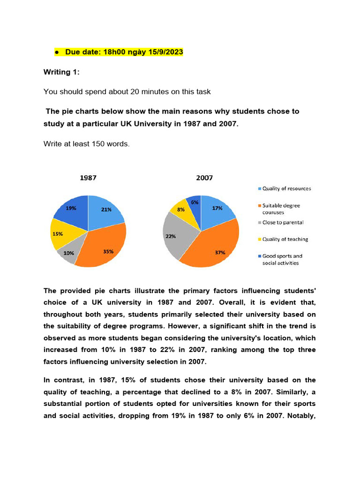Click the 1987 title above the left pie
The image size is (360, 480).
88,178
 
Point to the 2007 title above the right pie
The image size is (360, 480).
204,178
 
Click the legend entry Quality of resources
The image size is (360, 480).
286,188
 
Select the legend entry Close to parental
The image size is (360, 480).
283,223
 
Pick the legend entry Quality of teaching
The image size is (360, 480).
285,239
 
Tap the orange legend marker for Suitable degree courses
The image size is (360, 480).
260,205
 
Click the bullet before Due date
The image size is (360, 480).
56,52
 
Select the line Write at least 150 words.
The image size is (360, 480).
86,144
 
